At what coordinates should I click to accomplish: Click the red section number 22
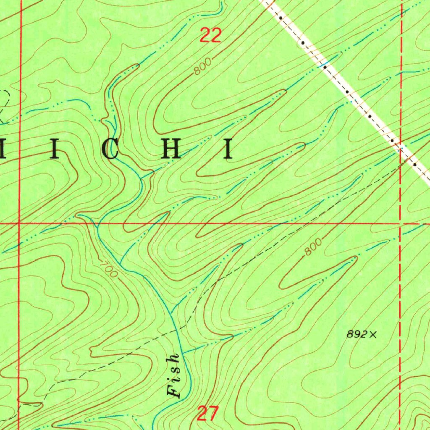click(210, 35)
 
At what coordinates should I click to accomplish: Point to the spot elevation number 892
click(357, 334)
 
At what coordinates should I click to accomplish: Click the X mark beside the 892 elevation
click(373, 334)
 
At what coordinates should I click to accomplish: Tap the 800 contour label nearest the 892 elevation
click(313, 247)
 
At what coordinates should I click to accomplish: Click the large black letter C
click(110, 150)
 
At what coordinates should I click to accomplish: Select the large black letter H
click(171, 149)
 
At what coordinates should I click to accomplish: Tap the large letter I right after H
click(229, 149)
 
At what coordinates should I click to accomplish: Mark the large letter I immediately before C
click(54, 150)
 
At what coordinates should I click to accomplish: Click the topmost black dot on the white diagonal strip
click(281, 18)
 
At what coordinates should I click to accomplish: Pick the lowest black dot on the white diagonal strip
click(415, 165)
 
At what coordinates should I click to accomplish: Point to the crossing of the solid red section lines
click(19, 223)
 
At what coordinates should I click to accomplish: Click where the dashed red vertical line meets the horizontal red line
click(401, 223)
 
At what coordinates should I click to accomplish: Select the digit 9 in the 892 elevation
click(357, 334)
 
